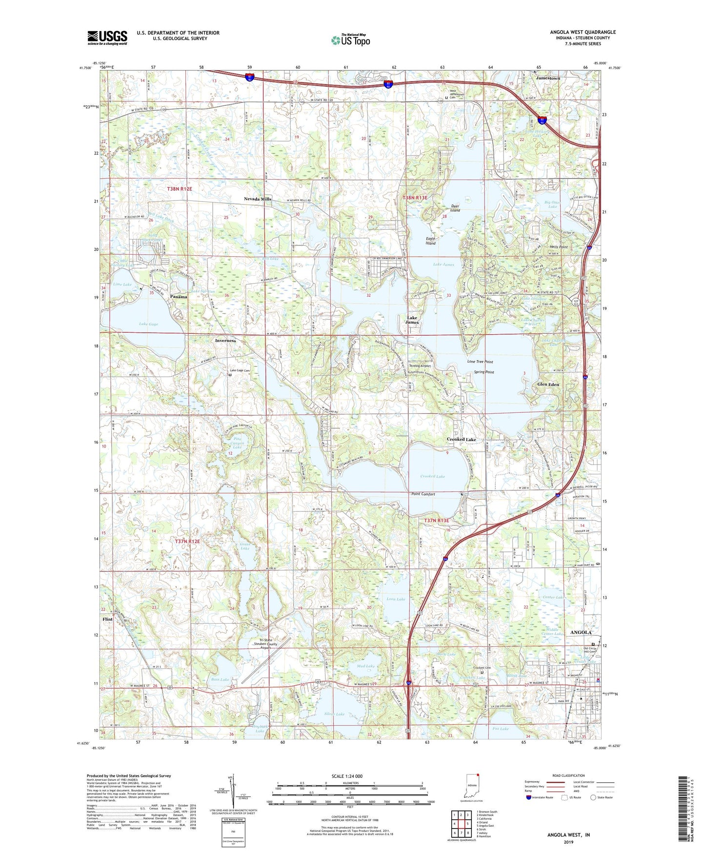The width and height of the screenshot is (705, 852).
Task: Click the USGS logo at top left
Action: tap(107, 38)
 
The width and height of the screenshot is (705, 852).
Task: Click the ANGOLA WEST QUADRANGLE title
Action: tap(583, 32)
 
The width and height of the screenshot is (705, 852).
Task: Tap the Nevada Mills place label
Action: tap(258, 199)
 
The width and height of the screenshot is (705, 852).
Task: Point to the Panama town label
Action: tap(179, 297)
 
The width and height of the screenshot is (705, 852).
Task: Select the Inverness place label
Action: tap(225, 341)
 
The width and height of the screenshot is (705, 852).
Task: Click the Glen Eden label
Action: tap(548, 385)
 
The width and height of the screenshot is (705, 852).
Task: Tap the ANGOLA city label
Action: tap(581, 632)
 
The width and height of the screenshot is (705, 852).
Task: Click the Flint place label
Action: tap(108, 619)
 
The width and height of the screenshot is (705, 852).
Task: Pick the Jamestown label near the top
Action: tap(548, 78)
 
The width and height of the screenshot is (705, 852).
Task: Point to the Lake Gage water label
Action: tap(148, 324)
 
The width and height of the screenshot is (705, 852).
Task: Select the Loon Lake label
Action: tap(396, 599)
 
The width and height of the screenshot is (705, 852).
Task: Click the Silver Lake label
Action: tap(335, 714)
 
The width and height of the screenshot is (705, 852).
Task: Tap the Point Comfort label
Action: tap(423, 494)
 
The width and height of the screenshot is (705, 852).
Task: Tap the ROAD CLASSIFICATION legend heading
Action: tap(568, 776)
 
